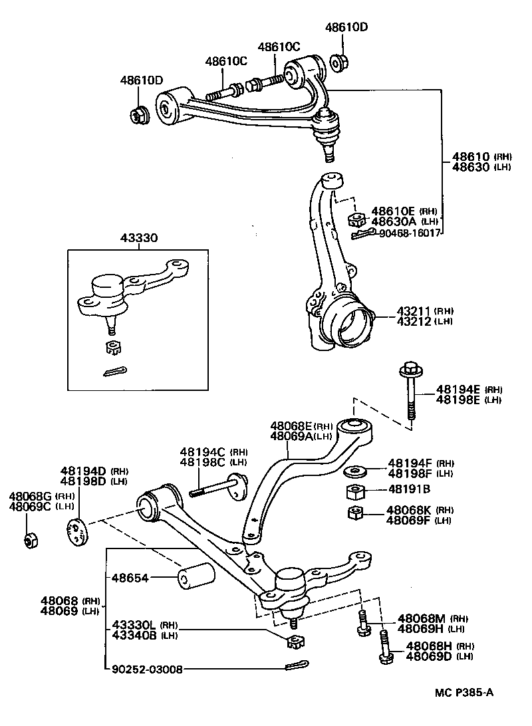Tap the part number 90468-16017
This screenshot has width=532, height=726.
[x=410, y=233]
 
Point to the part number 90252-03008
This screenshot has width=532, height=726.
[x=146, y=669]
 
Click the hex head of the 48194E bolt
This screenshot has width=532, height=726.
[x=408, y=367]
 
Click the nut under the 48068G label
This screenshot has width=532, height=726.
[x=30, y=541]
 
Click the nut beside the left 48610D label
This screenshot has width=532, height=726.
[x=139, y=116]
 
